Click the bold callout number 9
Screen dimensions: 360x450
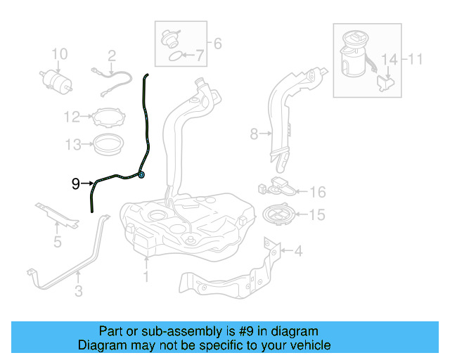pos(76,184)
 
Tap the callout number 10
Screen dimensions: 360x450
pos(60,54)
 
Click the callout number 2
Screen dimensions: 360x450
pos(111,55)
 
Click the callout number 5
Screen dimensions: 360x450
pos(58,243)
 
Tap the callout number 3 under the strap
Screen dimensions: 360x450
pos(79,290)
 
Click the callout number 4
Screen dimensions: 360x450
pos(297,250)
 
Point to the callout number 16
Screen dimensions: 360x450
pos(318,192)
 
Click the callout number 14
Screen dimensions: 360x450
pos(388,59)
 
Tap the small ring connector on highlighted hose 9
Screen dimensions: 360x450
pos(141,174)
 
